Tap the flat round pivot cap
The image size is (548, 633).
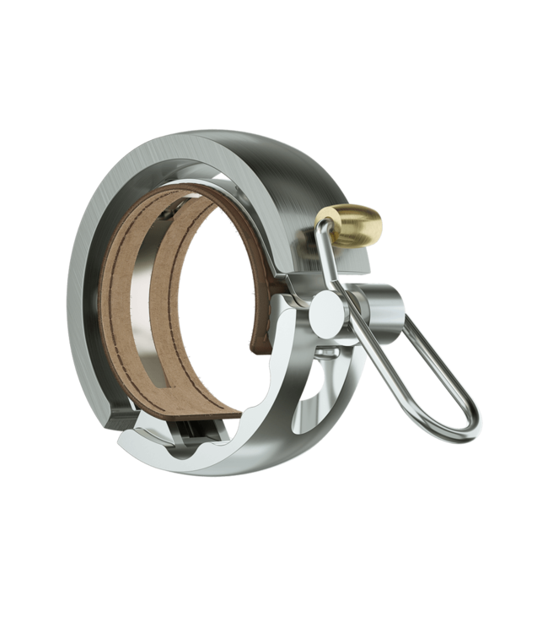325,317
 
